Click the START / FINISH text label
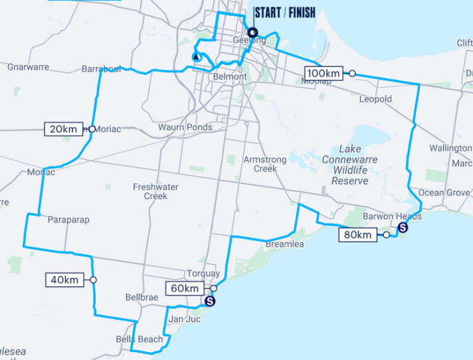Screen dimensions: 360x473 [x=285, y=13]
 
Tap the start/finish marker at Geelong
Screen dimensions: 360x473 [x=252, y=33]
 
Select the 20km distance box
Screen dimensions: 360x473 [x=64, y=129]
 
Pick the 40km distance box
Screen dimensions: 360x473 [x=64, y=280]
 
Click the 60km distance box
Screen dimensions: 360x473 [x=185, y=288]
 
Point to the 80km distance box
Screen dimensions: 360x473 [x=356, y=234]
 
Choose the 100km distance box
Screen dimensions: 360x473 [x=324, y=73]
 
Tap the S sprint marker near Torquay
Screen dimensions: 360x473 [x=210, y=301]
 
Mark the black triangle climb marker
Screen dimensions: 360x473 [x=196, y=57]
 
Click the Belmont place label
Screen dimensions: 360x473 [x=230, y=77]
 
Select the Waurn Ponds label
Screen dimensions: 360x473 [x=185, y=128]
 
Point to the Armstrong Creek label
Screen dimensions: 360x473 [x=264, y=164]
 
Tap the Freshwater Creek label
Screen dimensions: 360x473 [x=155, y=191]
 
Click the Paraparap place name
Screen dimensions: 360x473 [x=68, y=220]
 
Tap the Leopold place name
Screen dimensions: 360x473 [x=375, y=100]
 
